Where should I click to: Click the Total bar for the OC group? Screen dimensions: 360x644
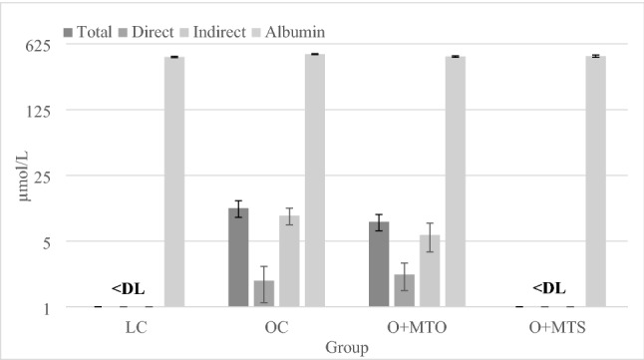pos(238,257)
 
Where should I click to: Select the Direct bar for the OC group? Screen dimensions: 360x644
pos(263,293)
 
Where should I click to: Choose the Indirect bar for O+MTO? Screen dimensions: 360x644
pos(430,270)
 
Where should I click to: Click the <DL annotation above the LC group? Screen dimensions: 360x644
pos(129,288)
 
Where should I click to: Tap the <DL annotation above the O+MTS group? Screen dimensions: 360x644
pos(548,288)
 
